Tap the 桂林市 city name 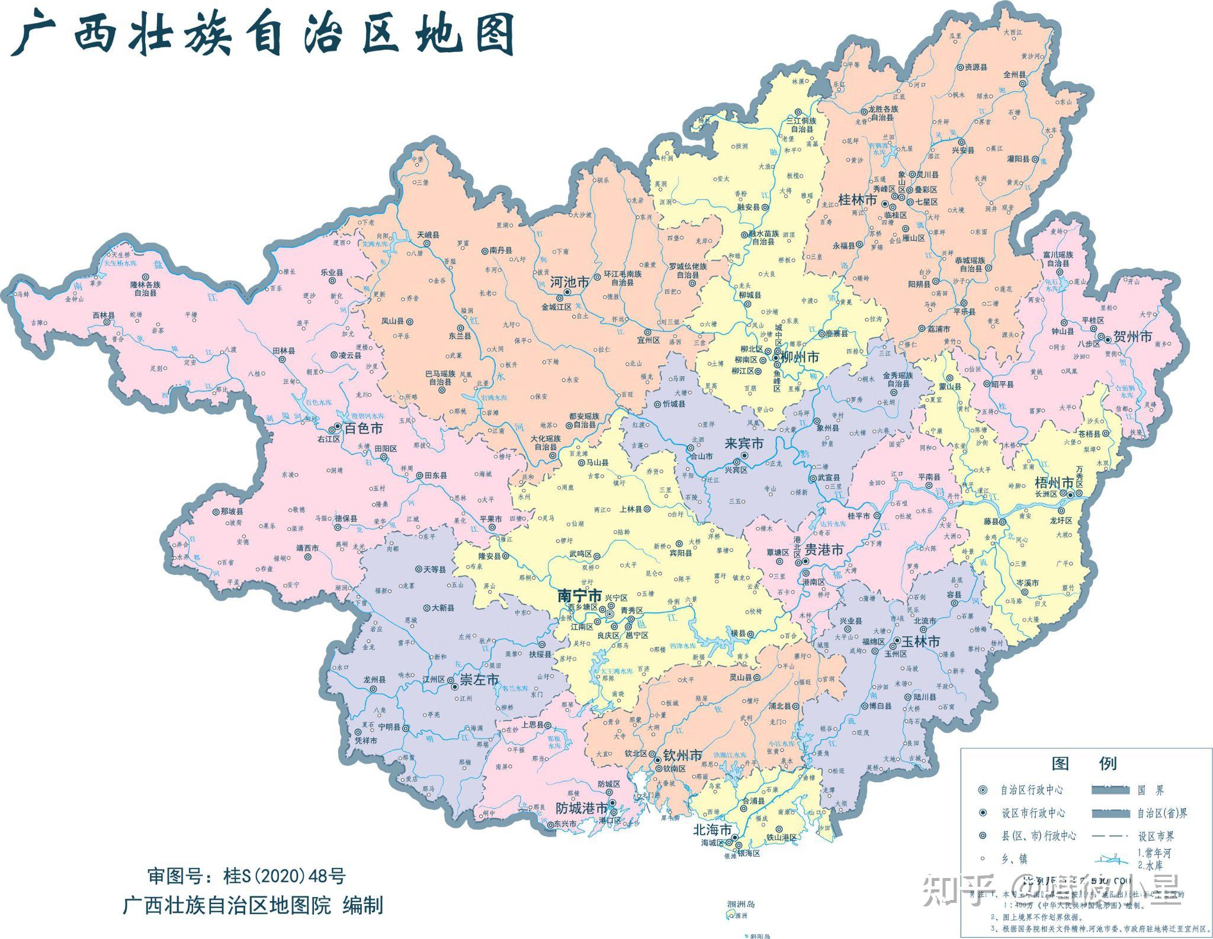pyautogui.click(x=858, y=200)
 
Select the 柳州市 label pyautogui.click(x=800, y=357)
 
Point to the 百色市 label pyautogui.click(x=363, y=428)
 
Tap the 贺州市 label pyautogui.click(x=1132, y=336)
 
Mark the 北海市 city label pyautogui.click(x=712, y=829)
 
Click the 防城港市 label pyautogui.click(x=582, y=808)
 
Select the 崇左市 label pyautogui.click(x=480, y=680)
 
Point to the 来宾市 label pyautogui.click(x=744, y=444)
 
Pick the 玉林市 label pyautogui.click(x=920, y=641)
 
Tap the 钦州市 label pyautogui.click(x=682, y=755)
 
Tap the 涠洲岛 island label pyautogui.click(x=741, y=905)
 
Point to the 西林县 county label pyautogui.click(x=104, y=315)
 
